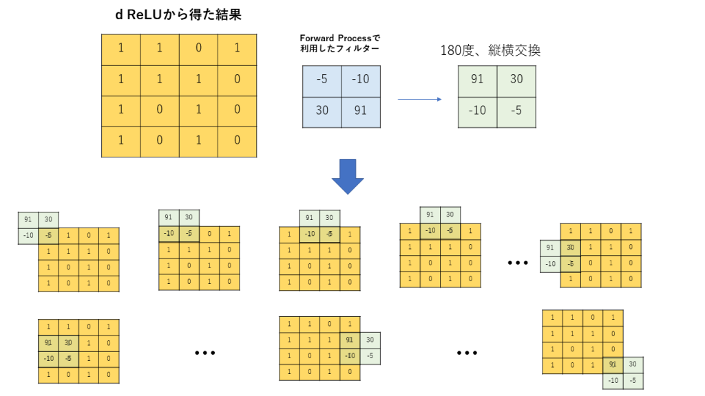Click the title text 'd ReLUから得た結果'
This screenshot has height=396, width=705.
(x=178, y=14)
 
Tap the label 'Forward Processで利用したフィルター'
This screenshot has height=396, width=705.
(x=339, y=43)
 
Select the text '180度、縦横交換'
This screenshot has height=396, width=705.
(x=490, y=51)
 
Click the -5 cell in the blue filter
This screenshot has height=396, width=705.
(x=322, y=79)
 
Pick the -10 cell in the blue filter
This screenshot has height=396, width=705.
(x=360, y=79)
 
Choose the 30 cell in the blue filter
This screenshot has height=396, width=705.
(x=322, y=110)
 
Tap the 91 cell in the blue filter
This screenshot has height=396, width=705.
(x=360, y=110)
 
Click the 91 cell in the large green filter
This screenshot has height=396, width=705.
(x=477, y=79)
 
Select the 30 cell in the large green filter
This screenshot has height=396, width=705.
(x=516, y=79)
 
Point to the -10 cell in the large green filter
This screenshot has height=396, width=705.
(x=477, y=111)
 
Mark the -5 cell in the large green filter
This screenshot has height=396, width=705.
(x=516, y=111)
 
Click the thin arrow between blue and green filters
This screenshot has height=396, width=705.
(x=419, y=100)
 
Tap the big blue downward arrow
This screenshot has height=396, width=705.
(x=348, y=177)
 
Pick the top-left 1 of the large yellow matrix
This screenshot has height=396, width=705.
(x=120, y=48)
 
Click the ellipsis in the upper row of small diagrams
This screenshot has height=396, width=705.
(x=518, y=263)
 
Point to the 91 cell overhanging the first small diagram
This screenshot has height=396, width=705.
(x=28, y=220)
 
